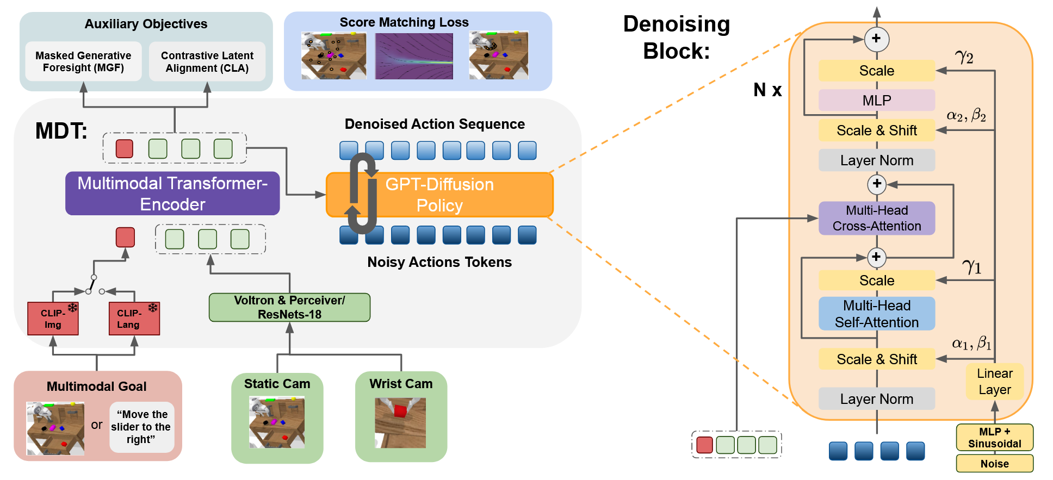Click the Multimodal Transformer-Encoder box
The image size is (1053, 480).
[172, 194]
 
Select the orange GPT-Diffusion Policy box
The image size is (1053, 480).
[439, 195]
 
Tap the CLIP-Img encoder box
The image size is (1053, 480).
[53, 319]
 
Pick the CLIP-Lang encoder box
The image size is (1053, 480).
[134, 319]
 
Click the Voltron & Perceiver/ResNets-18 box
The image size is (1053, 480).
[289, 307]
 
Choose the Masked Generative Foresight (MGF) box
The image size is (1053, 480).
[83, 61]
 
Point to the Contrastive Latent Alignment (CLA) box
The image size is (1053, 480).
[207, 61]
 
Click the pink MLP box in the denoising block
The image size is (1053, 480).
[877, 100]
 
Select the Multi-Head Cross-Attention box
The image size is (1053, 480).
[877, 218]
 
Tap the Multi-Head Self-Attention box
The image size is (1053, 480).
[877, 314]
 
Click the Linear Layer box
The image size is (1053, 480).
[995, 382]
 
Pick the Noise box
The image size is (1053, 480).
[995, 464]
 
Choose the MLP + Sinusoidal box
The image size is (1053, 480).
[995, 438]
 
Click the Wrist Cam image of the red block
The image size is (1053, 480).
[400, 423]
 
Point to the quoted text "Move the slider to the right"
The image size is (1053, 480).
[141, 427]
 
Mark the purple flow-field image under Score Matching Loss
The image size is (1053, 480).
[414, 56]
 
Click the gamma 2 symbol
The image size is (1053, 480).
[964, 57]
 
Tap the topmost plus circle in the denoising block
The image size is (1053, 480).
[876, 39]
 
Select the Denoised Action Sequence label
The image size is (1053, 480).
[435, 124]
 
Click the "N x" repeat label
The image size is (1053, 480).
[767, 90]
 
